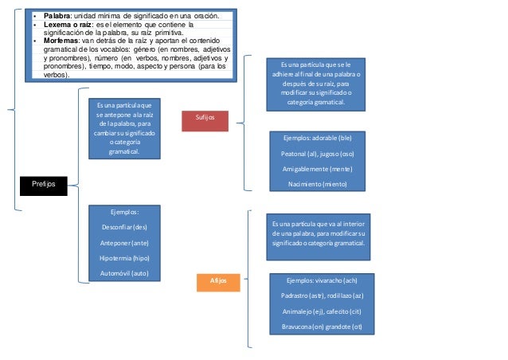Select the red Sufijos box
click(x=206, y=119)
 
